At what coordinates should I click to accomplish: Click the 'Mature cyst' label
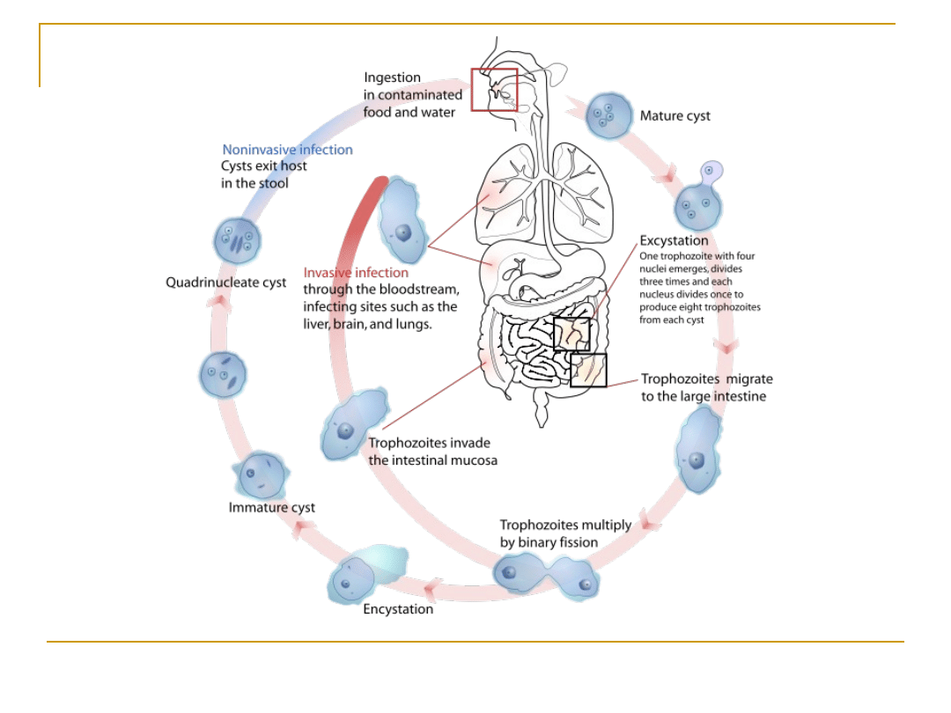675,116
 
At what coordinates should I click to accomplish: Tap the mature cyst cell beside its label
609,115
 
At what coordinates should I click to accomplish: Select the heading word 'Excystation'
674,240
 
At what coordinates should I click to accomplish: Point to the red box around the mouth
494,90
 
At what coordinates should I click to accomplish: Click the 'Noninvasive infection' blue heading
287,150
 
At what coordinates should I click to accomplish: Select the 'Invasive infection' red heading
356,273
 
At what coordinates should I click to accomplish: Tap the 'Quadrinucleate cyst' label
226,283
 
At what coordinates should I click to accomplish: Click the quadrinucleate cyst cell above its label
238,241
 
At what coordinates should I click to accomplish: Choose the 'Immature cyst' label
271,508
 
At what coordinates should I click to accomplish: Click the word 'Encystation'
398,609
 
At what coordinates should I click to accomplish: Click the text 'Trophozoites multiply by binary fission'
565,533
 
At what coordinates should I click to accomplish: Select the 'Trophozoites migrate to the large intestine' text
706,387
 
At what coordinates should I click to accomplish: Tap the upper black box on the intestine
571,334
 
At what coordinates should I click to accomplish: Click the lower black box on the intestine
588,370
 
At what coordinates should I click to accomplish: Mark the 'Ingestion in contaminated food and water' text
412,95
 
